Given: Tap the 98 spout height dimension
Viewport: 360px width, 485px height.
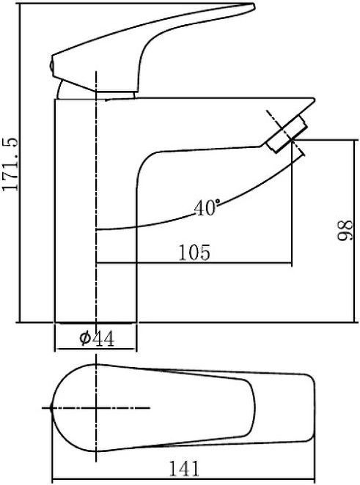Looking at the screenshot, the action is pos(345,230).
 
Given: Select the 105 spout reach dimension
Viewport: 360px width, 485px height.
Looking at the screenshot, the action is pos(194,252).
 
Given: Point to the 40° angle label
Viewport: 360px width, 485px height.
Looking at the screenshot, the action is pos(207,208).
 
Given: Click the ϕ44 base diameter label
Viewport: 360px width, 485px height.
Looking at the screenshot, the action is pos(97,338).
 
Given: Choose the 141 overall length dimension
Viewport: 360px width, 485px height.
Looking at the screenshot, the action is pos(184,469).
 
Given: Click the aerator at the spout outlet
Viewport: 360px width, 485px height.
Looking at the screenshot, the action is pos(287,134).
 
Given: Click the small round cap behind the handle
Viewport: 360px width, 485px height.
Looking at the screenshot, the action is pos(51,66).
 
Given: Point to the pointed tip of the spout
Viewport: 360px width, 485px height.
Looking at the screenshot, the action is pos(314,100).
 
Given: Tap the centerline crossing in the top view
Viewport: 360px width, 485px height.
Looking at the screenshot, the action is pos(97,408).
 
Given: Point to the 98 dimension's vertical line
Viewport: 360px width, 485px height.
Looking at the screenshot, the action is pos(353,231).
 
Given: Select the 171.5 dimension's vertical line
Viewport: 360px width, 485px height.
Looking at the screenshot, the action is pos(20,163).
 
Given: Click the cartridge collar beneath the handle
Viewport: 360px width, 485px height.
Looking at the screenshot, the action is pos(115,95).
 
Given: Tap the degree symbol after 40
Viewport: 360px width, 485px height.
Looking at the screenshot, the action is pos(218,201).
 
